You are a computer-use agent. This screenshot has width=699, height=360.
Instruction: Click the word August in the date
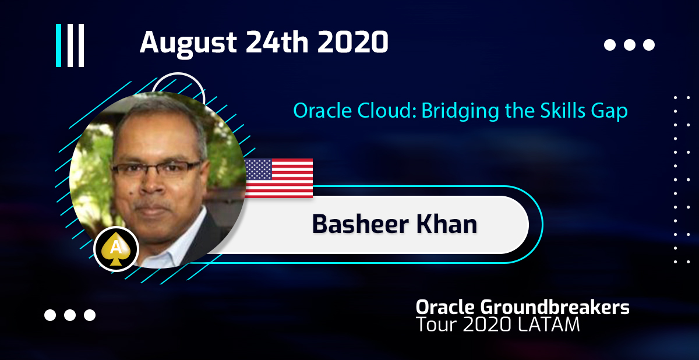188,43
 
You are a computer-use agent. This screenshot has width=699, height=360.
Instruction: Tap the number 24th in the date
277,42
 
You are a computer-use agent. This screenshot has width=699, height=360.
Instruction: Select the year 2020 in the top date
352,42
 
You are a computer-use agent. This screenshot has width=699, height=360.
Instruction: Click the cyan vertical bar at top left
58,45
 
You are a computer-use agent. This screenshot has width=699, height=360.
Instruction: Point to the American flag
278,178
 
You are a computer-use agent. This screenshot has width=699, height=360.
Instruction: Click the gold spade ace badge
116,249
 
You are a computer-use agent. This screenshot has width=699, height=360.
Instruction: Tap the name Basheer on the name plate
361,224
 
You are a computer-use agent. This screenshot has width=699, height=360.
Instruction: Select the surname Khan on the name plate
447,224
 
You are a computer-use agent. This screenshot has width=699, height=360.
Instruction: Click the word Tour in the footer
437,324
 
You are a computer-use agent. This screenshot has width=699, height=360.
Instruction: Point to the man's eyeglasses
156,169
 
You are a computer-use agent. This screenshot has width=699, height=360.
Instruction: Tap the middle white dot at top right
630,45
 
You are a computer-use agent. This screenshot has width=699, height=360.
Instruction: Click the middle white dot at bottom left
70,315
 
